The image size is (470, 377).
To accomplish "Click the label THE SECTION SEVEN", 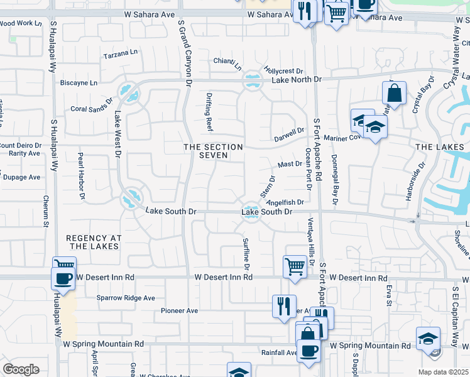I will point(212,151).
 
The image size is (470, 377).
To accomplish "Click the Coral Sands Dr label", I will point(91,108).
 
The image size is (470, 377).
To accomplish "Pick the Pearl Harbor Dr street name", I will point(81,176).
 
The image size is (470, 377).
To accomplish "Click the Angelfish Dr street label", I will point(285,202).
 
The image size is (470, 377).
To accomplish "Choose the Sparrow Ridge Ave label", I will point(126,298).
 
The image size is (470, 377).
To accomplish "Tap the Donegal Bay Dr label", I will point(334,180).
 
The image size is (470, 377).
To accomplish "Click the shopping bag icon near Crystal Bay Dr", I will point(394,93).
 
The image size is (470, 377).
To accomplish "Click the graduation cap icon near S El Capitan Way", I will point(428,337).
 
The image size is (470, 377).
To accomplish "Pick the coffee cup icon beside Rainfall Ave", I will point(308,349).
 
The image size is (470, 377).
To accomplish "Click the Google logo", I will point(21,369).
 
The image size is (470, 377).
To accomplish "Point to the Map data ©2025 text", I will point(443,372).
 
